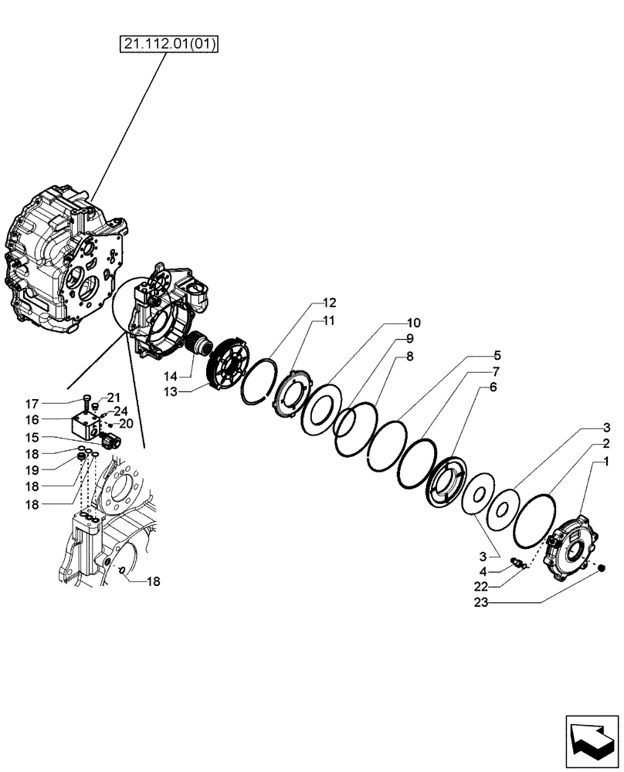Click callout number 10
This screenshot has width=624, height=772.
click(x=413, y=322)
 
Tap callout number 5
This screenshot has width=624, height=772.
click(x=497, y=356)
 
